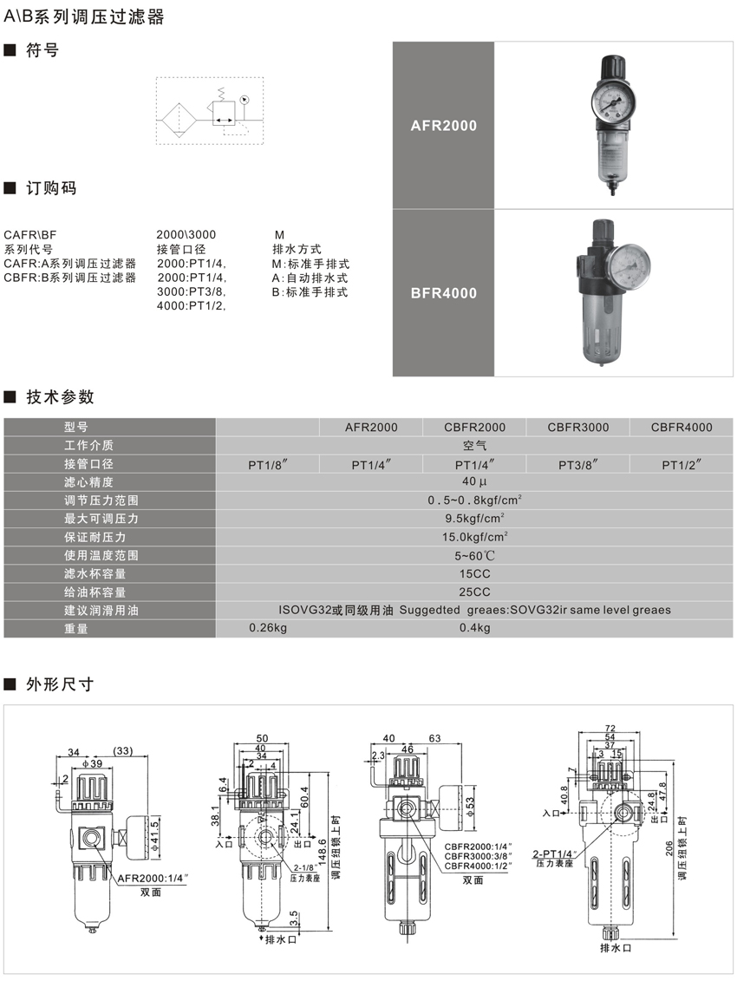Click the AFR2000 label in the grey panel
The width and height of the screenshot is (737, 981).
(443, 126)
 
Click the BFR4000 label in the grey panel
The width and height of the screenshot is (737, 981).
(443, 293)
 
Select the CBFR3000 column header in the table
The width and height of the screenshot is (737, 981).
(578, 427)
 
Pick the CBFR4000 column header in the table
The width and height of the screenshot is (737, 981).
(682, 427)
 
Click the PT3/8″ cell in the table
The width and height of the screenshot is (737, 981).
(578, 464)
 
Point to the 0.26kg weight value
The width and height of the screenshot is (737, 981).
(268, 628)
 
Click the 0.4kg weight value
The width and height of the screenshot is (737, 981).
(474, 628)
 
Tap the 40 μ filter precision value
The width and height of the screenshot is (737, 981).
(474, 482)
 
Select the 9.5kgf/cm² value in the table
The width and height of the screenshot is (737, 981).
(474, 519)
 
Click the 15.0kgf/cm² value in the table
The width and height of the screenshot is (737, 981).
(474, 537)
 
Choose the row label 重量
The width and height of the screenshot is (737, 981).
(76, 628)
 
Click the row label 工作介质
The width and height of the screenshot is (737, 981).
(88, 446)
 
